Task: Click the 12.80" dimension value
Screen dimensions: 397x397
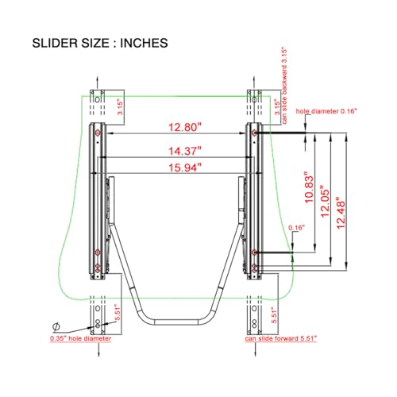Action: (x=185, y=127)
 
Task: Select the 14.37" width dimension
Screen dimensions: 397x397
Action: (x=185, y=151)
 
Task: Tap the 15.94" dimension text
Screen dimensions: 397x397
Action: (x=185, y=168)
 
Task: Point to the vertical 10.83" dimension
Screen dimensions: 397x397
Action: (x=309, y=187)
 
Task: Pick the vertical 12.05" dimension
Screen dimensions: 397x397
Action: (x=325, y=201)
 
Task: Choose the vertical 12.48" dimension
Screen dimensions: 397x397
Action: (x=341, y=213)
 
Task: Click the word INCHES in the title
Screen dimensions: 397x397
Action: (x=144, y=43)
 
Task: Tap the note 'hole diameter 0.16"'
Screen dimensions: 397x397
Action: (x=326, y=111)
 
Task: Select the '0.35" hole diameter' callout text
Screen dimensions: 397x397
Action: (x=80, y=338)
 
